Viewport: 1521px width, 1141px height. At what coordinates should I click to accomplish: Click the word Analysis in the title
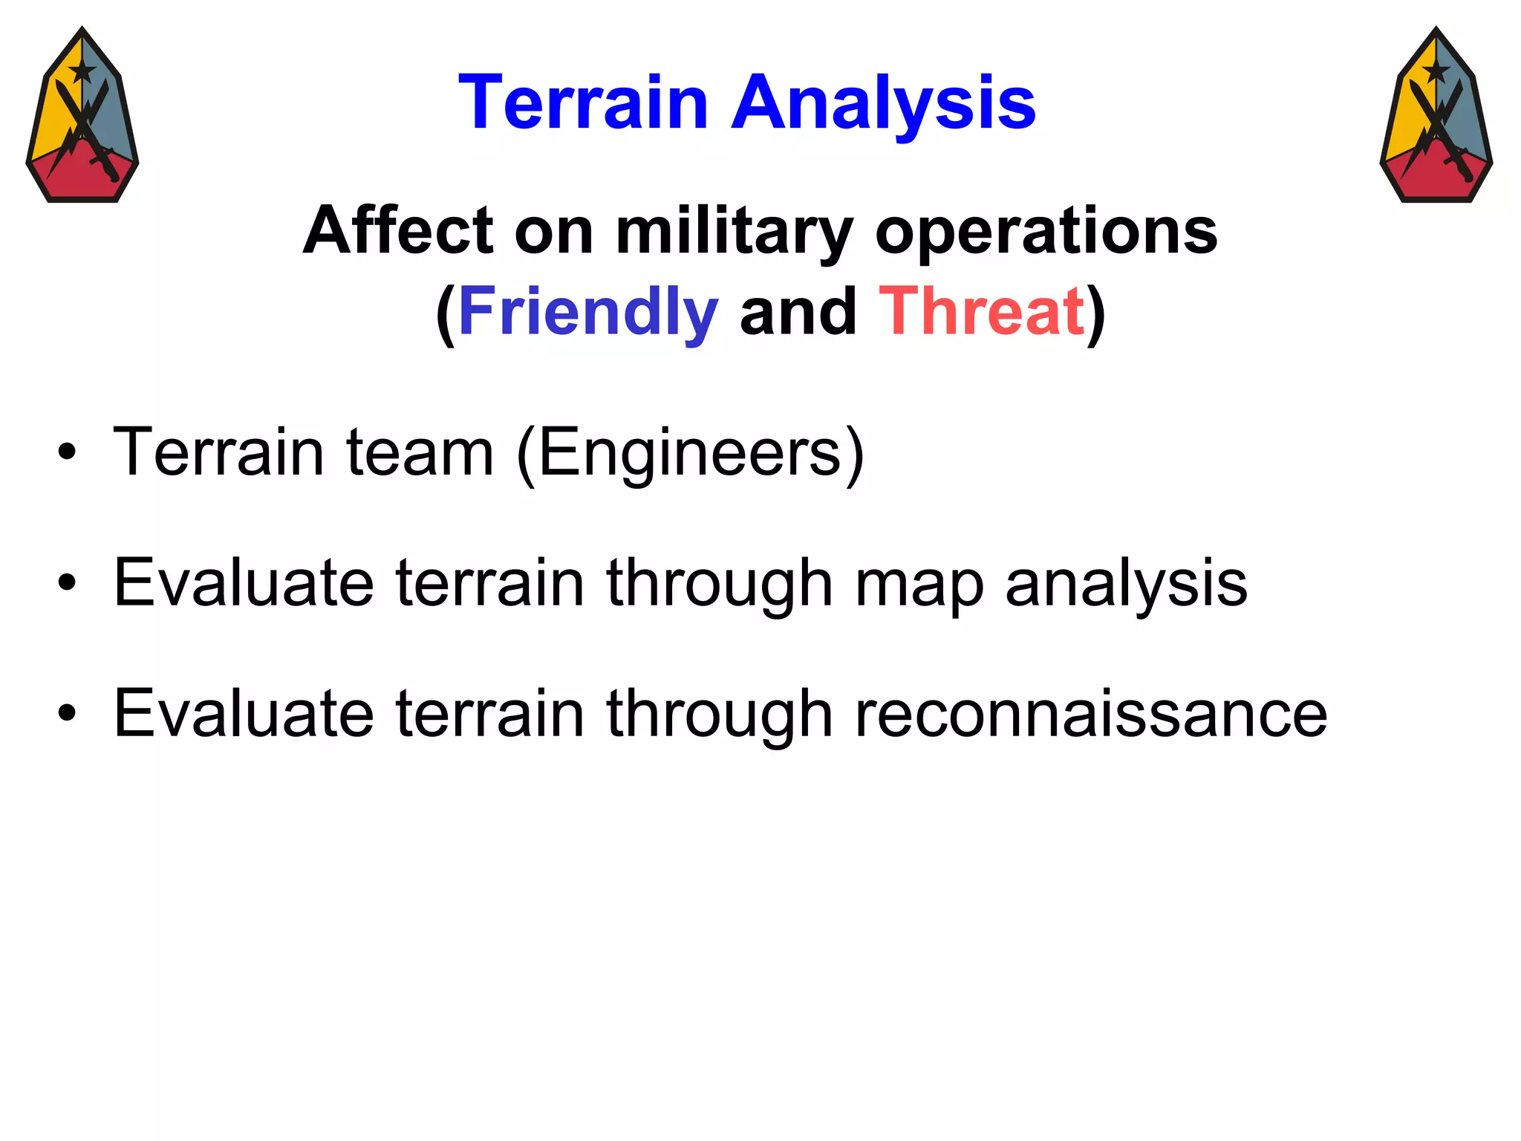point(883,104)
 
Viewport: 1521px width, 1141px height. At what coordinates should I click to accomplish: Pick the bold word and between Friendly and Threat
point(798,312)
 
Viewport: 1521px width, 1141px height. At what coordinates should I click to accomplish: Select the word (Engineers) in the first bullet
point(691,453)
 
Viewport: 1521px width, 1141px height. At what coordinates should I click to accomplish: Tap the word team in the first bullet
point(420,453)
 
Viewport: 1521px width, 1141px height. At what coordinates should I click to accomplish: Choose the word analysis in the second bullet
point(1126,584)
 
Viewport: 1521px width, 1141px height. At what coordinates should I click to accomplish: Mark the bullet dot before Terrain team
point(67,452)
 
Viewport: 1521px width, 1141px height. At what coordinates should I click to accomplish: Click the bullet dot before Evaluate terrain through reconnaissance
point(67,714)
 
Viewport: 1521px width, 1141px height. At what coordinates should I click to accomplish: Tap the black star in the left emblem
point(82,72)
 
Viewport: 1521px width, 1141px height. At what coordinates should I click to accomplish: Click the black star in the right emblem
point(1436,72)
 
